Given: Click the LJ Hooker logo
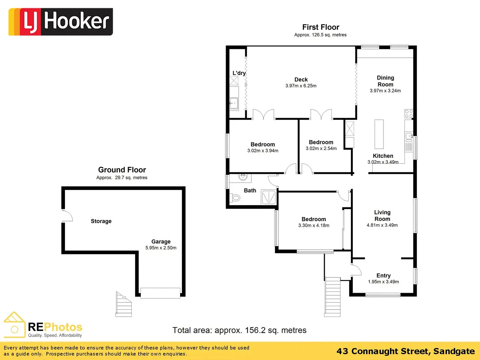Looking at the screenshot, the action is [61, 22].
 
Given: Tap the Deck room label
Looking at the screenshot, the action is [301, 80].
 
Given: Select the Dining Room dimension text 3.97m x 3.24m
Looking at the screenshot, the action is [385, 91].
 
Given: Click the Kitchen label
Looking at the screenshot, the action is [383, 156].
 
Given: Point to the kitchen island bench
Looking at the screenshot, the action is [379, 134].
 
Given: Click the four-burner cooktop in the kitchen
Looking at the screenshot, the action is [409, 113].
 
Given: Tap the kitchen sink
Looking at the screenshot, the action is [409, 136].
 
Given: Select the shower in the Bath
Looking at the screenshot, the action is [269, 198].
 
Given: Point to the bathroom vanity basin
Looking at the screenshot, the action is [243, 177].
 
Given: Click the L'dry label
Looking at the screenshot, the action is [239, 73].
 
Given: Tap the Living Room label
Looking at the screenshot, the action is [382, 216].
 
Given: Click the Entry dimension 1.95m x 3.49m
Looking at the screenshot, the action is [383, 282].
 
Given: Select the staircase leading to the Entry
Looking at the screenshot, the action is [333, 296].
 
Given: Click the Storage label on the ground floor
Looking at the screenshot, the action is [101, 221].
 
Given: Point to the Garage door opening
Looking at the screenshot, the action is [160, 292].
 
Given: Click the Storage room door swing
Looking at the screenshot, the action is [67, 216].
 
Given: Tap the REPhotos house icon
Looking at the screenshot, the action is [14, 325].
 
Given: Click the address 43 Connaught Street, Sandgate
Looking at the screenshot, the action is [405, 351].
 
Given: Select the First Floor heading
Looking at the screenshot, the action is [321, 27].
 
